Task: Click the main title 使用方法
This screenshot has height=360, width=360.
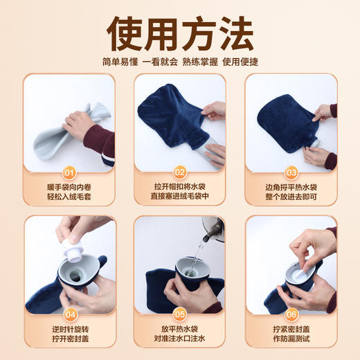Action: coord(179,31)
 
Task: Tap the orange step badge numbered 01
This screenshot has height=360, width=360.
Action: coord(69,172)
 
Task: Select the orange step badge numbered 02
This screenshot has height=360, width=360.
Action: coord(180,172)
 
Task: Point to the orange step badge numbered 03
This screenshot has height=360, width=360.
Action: coord(291,172)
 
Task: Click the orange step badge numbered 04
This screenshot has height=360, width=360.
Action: coord(69,313)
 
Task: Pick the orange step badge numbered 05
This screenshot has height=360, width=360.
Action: coord(180,313)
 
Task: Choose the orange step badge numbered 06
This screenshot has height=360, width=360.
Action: coord(291,313)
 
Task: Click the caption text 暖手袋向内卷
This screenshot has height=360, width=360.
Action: coord(69,187)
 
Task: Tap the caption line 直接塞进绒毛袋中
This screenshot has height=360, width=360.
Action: coord(180,199)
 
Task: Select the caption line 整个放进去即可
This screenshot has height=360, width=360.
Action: coord(291,199)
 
